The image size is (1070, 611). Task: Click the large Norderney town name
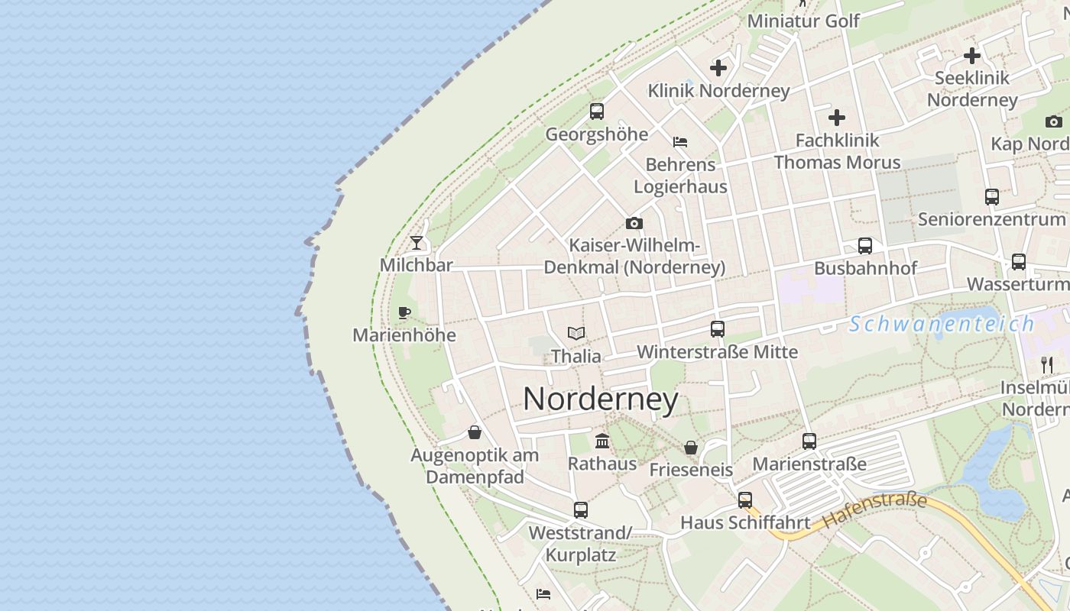[601, 399]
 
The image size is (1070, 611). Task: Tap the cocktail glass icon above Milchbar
[416, 243]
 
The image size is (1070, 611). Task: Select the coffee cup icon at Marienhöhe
[404, 312]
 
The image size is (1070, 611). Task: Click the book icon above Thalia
[576, 333]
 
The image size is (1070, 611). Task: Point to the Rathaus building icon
[602, 441]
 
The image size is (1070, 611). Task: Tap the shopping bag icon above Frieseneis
[691, 447]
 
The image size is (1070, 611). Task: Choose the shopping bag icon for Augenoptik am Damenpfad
[475, 432]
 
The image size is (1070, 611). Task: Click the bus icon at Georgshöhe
[597, 112]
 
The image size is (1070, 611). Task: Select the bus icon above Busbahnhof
[865, 246]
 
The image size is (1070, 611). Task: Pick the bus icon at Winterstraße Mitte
[718, 329]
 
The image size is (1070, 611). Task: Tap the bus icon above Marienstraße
[809, 441]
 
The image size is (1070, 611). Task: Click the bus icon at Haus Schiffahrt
[745, 500]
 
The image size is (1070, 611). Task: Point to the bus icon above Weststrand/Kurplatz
[581, 509]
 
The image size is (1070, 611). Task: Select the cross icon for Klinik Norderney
[718, 68]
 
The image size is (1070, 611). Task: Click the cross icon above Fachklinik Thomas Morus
[837, 118]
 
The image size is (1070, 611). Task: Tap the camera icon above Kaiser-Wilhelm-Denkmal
[634, 224]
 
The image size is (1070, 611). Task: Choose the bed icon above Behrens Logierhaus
[680, 142]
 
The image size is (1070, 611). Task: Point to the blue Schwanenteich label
[942, 324]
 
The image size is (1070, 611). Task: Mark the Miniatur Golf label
[803, 21]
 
